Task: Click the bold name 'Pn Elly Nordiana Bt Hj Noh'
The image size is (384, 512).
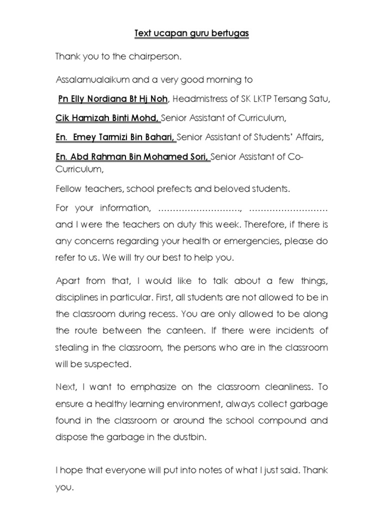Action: (x=112, y=99)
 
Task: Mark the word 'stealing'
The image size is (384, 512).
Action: (x=70, y=348)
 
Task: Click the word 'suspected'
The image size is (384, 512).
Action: (x=109, y=364)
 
